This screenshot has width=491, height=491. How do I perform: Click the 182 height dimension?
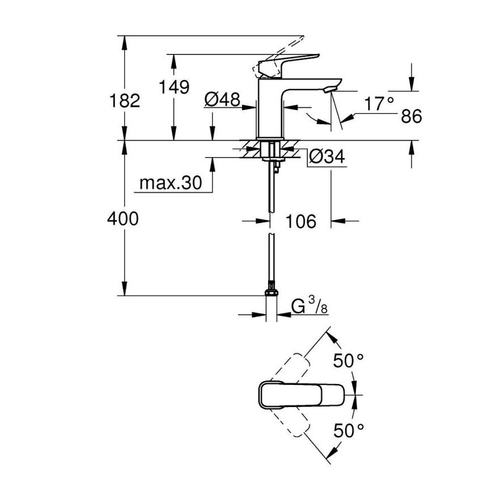coord(124,101)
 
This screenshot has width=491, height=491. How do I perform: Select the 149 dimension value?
coord(173,88)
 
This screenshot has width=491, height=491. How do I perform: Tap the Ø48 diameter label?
coord(221,100)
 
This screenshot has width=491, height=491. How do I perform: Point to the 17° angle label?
coord(379,104)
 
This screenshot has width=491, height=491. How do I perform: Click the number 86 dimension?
coord(412,117)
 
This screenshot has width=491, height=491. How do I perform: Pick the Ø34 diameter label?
coord(328,157)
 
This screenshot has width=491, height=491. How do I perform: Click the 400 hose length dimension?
coord(123,218)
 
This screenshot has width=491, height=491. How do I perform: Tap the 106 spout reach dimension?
coord(301,221)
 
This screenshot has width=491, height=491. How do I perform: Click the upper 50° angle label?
coord(348,361)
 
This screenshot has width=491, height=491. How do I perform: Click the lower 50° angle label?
coord(348,430)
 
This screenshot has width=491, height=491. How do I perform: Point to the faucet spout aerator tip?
coord(330,90)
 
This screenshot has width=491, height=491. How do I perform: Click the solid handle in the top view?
coord(300,394)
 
